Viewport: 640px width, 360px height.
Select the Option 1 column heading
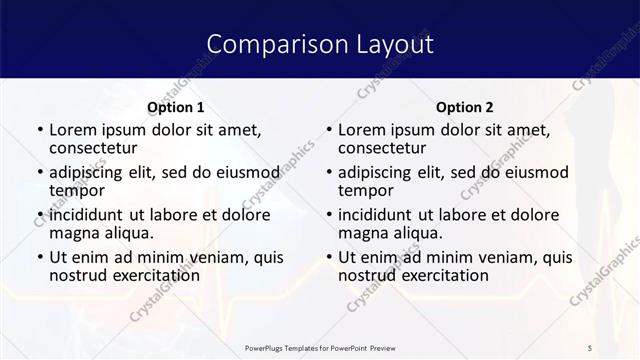tap(176, 107)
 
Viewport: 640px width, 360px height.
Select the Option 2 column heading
tap(465, 107)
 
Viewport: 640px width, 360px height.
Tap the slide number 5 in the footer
tap(590, 347)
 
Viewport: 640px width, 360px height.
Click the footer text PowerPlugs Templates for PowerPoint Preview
tap(321, 347)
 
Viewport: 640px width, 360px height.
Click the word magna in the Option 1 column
tap(75, 233)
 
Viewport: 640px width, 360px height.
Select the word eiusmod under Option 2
tap(534, 172)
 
